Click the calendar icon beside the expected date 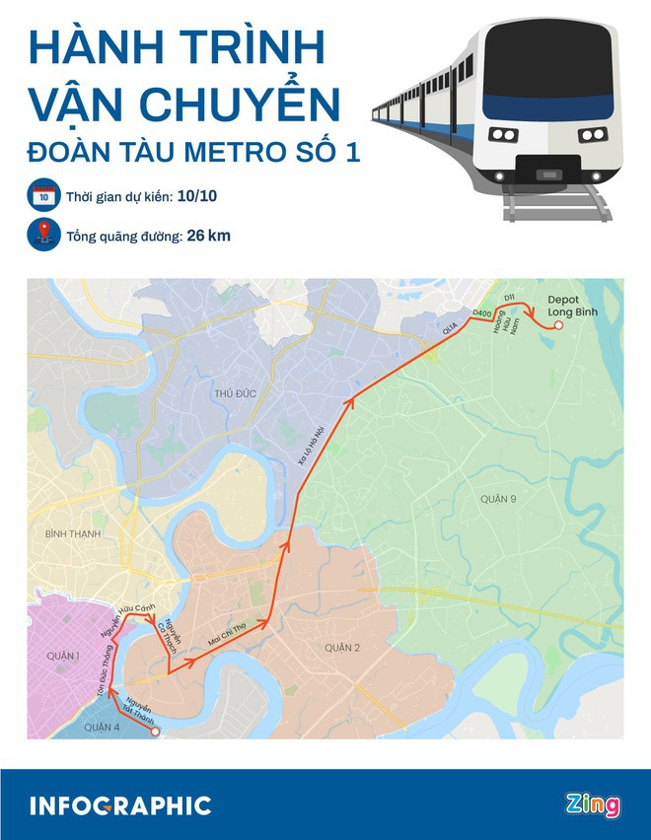point(43,197)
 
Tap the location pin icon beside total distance point(43,237)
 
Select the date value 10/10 point(198,197)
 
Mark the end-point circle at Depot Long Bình point(558,324)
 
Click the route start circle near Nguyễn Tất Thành point(155,731)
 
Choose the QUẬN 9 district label point(499,500)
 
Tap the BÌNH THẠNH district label point(68,533)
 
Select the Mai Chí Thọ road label point(227,636)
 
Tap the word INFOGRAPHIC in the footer point(120,805)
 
